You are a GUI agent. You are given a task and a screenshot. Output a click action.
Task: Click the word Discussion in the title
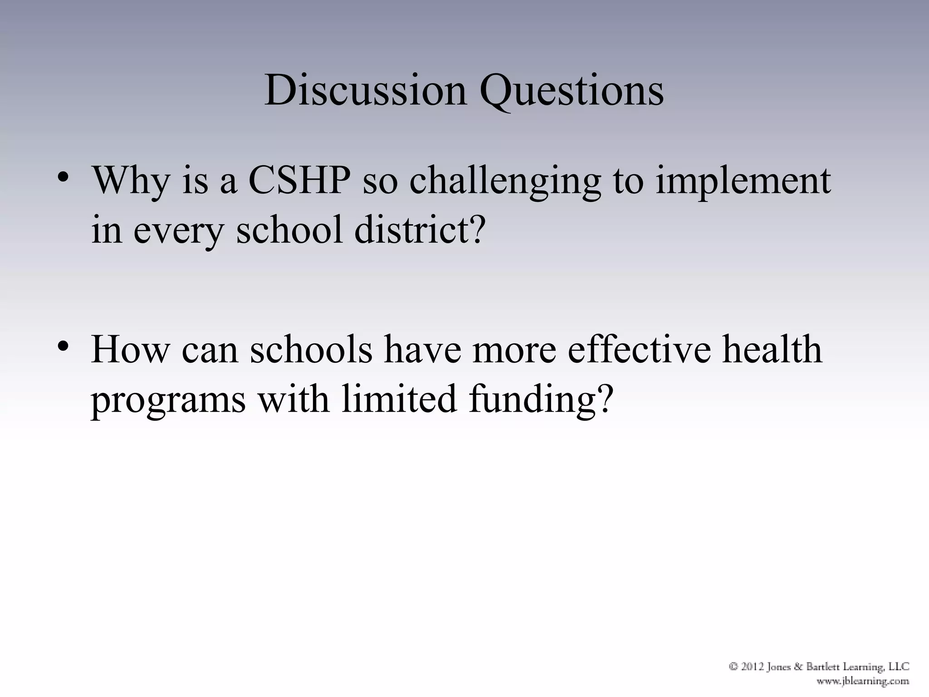(365, 90)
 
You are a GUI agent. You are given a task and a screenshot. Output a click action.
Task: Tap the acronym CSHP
(299, 181)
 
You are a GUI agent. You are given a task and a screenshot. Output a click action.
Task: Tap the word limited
(399, 398)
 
